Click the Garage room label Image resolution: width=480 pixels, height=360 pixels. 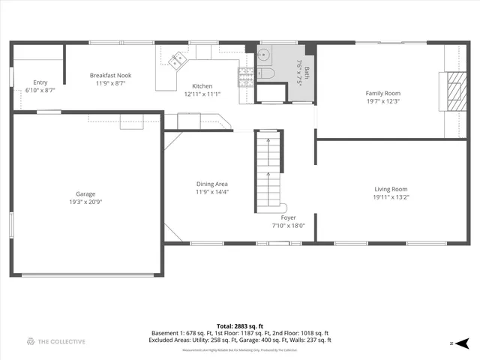coord(86,193)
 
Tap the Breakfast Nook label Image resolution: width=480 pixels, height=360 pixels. coord(111,75)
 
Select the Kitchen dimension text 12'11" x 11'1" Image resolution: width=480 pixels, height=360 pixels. coord(202,94)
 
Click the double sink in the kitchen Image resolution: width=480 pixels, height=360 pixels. coord(178,59)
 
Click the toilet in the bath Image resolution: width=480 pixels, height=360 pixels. coord(268,73)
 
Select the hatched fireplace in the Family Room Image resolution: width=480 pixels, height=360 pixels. coord(454,89)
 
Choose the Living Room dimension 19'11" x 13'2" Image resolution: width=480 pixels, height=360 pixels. coord(391,196)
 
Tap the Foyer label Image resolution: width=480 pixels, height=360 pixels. coord(289,217)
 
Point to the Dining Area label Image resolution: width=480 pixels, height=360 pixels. coord(212,184)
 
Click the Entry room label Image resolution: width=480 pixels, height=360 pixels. coord(41,82)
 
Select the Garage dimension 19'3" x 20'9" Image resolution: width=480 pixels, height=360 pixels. coord(86,202)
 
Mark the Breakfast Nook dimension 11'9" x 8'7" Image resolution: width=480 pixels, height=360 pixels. coord(111,83)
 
